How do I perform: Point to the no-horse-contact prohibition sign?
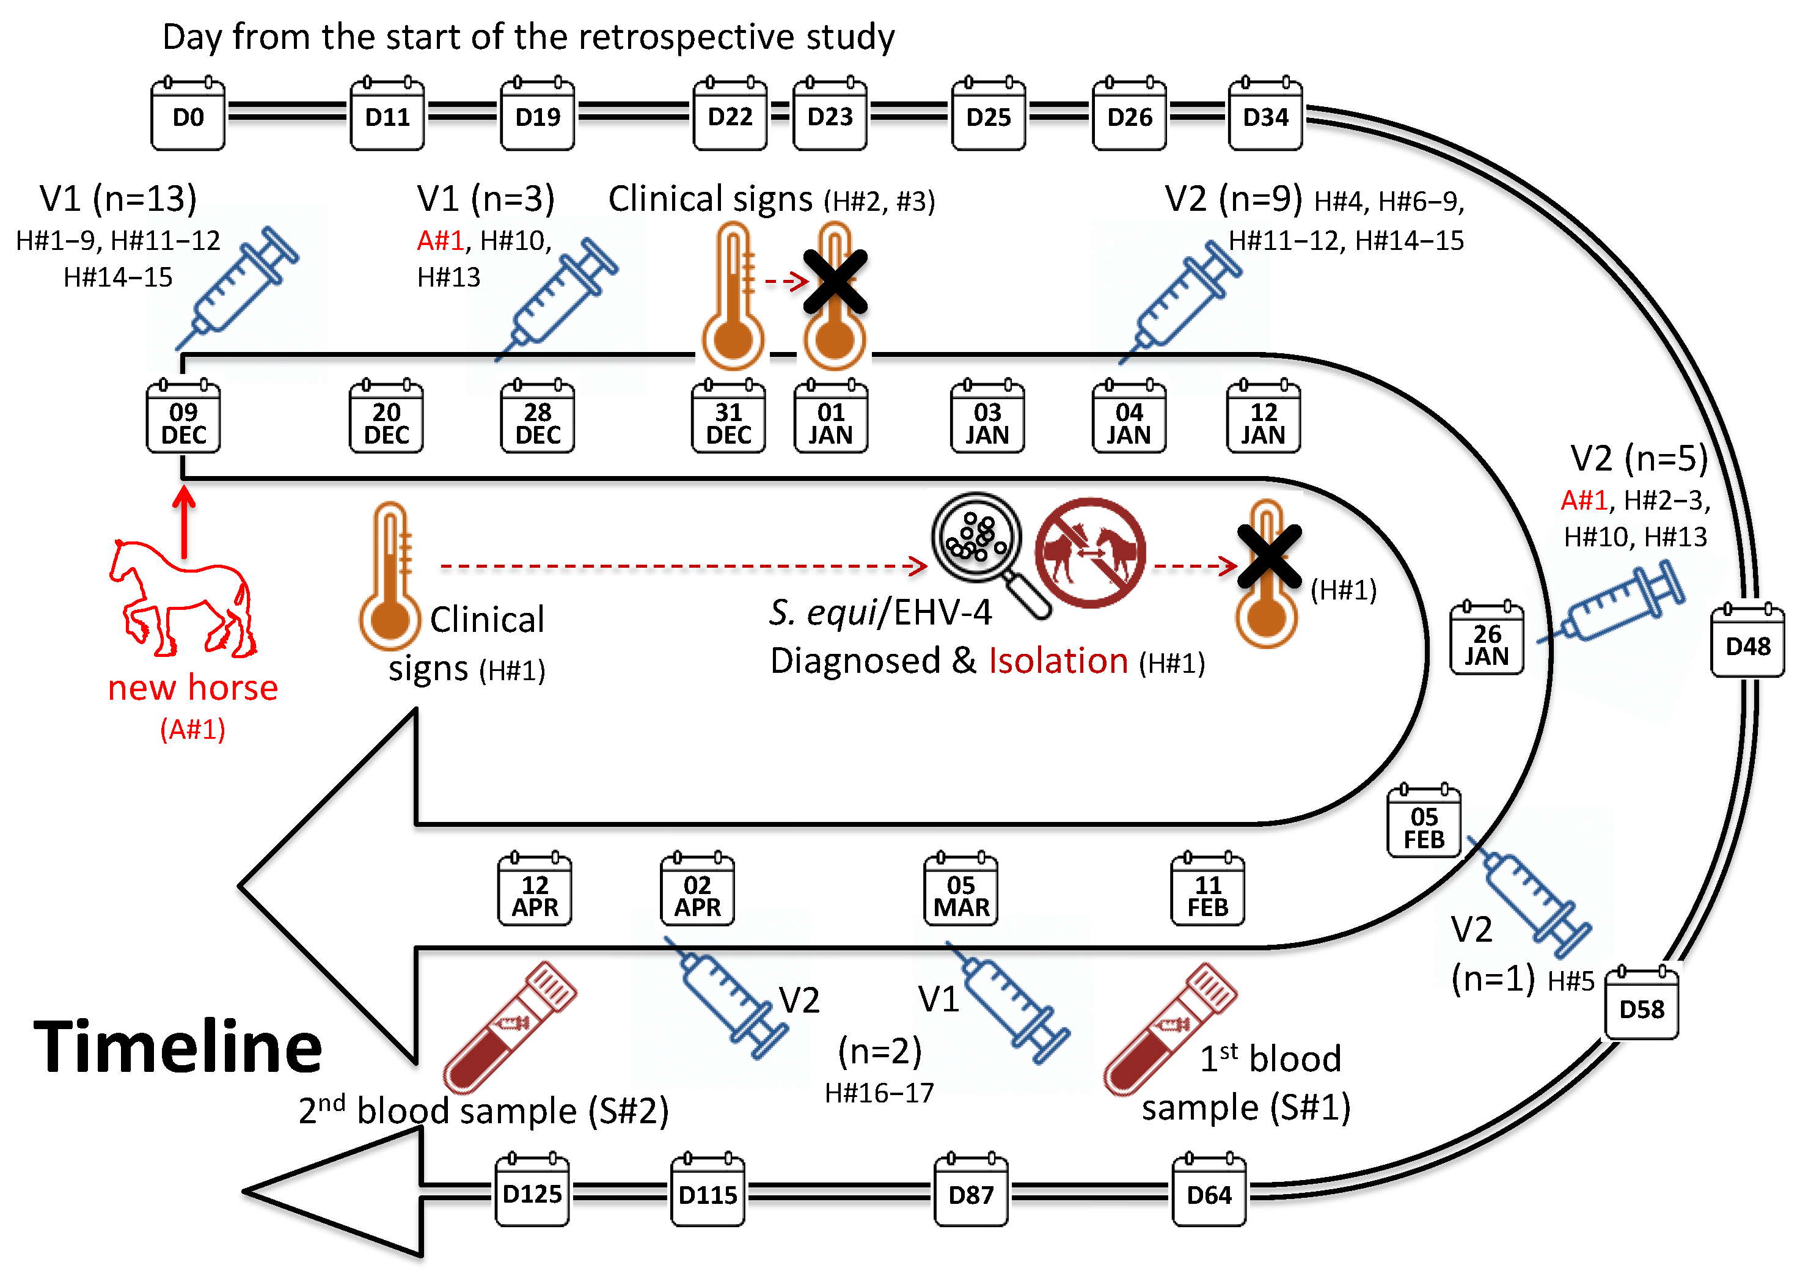1090,552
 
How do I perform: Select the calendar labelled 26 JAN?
1486,640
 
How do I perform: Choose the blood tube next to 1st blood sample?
1169,1028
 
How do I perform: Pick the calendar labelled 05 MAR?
960,892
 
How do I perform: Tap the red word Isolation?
1058,660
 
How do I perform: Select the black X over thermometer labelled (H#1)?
1268,556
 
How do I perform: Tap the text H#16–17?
879,1093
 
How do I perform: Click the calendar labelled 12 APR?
535,892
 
